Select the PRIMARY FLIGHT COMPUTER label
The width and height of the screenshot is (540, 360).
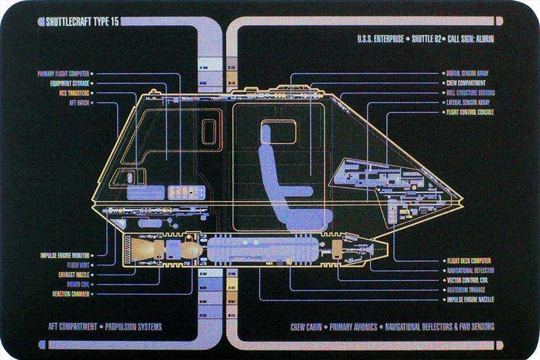[x=63, y=74]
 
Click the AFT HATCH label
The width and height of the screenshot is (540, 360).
[x=79, y=103]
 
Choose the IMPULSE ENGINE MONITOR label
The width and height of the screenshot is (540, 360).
[x=65, y=255]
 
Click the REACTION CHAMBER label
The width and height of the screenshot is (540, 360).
[x=70, y=294]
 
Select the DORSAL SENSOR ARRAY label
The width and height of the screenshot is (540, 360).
[x=467, y=74]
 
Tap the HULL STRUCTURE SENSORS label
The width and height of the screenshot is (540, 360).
[x=470, y=93]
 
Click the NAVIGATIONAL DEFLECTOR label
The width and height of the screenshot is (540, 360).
[x=470, y=271]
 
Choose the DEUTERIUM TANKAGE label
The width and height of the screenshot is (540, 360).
[x=468, y=290]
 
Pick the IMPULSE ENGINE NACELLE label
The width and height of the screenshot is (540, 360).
[x=470, y=299]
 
